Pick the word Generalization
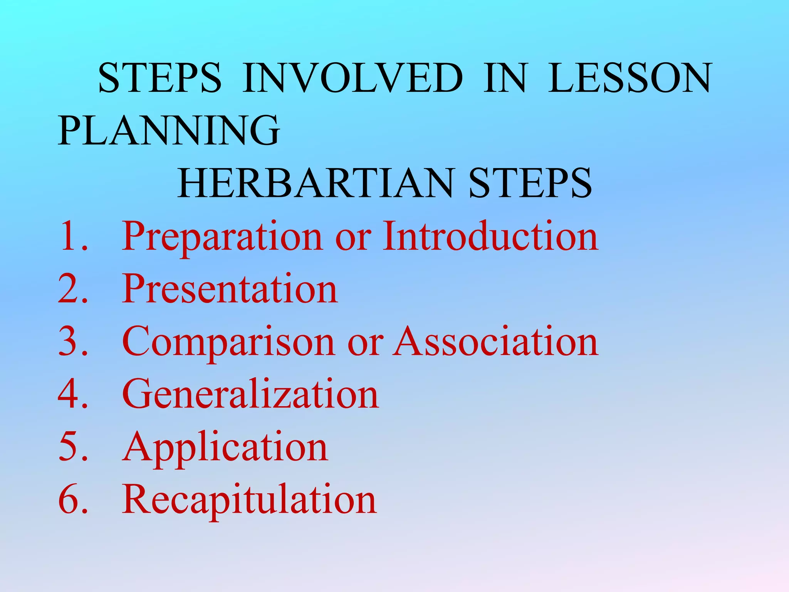click(250, 394)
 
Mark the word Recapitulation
click(249, 500)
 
